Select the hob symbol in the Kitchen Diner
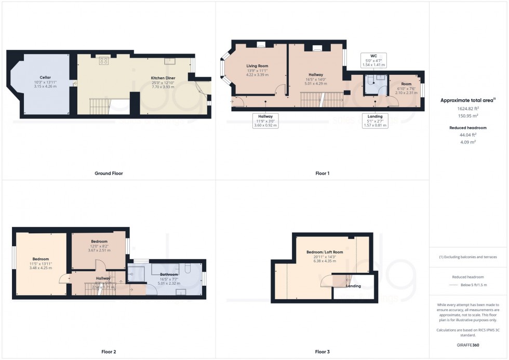(x=103, y=61)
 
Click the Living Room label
(x=257, y=66)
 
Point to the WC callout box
(x=373, y=60)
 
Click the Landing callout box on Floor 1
(x=374, y=121)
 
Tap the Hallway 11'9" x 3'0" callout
(x=265, y=121)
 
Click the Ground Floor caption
(x=109, y=173)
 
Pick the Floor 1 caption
(x=322, y=173)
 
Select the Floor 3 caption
(x=322, y=352)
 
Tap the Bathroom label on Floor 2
(x=169, y=274)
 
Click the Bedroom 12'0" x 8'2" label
(x=99, y=242)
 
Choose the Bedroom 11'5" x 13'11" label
(x=40, y=259)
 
